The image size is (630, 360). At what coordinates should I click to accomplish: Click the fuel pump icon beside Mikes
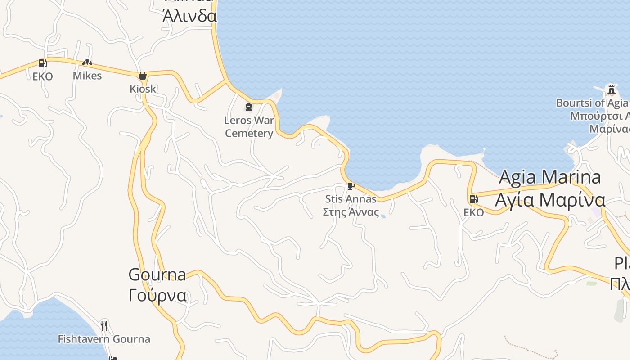[x=43, y=63]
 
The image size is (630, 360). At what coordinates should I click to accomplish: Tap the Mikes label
[x=87, y=76]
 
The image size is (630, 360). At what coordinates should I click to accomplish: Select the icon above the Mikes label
[x=87, y=63]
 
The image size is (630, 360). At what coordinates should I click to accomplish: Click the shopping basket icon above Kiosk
[x=143, y=76]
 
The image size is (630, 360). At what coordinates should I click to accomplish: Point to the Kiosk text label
[x=143, y=89]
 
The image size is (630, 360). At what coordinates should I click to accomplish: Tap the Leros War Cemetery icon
[x=248, y=107]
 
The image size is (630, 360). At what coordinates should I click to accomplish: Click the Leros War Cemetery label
[x=249, y=127]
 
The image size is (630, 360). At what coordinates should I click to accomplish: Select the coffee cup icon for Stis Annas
[x=351, y=186]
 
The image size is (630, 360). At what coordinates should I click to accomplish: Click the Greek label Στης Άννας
[x=351, y=212]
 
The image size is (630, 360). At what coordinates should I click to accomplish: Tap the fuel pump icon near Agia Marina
[x=473, y=199]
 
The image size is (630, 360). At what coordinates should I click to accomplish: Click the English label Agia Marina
[x=550, y=177]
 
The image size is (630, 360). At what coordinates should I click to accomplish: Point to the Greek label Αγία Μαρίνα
[x=550, y=200]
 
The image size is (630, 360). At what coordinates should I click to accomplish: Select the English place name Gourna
[x=157, y=274]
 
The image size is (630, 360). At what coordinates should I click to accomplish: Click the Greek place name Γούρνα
[x=157, y=296]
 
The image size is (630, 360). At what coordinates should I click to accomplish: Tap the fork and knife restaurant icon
[x=104, y=325]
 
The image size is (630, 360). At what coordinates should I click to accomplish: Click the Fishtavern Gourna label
[x=104, y=339]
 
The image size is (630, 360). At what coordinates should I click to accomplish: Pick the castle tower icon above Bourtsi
[x=611, y=90]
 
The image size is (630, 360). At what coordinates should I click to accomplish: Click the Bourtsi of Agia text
[x=592, y=103]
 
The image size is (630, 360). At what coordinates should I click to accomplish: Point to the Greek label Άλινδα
[x=189, y=16]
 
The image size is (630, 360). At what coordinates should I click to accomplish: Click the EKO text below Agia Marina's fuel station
[x=473, y=212]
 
